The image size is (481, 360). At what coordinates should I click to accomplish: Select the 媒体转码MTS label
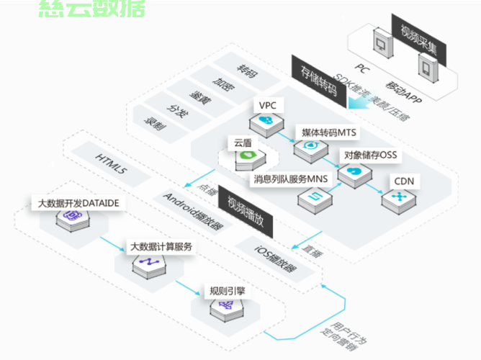click(x=328, y=132)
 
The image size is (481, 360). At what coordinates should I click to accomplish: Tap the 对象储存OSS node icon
click(x=354, y=173)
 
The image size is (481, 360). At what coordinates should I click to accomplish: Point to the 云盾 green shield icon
click(x=248, y=156)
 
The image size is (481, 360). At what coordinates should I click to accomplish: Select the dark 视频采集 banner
click(x=420, y=40)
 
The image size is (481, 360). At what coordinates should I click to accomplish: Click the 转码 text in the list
click(x=248, y=72)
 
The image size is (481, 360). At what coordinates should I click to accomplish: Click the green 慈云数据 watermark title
click(x=91, y=8)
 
